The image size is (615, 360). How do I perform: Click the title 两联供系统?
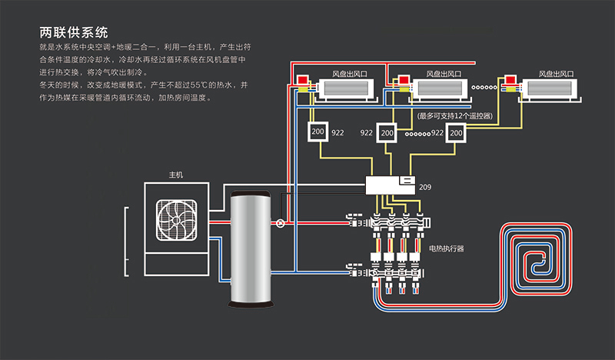73,33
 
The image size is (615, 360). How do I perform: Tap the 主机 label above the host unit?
176,175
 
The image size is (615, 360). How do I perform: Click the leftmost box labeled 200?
317,132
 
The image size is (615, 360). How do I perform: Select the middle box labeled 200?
387,132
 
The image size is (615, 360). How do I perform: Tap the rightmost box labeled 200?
457,132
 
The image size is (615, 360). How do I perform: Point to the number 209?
425,186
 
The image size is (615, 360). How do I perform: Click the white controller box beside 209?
390,185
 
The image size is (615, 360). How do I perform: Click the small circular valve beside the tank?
281,223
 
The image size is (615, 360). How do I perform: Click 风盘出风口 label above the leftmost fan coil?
348,74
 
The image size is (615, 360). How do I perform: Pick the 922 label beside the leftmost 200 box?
337,133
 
